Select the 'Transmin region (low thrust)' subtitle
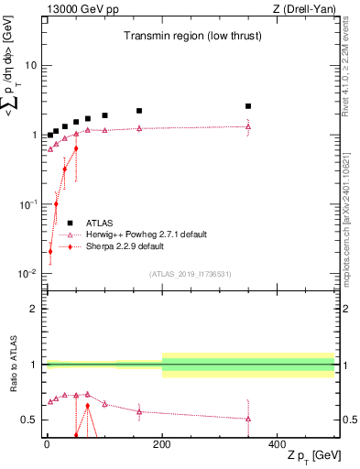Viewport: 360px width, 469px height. click(x=190, y=37)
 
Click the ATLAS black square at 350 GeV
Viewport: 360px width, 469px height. click(x=248, y=106)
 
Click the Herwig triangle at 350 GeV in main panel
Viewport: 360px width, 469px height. click(x=248, y=126)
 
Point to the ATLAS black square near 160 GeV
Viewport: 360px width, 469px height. click(x=139, y=111)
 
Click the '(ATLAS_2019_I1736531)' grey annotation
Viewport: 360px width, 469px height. click(x=190, y=273)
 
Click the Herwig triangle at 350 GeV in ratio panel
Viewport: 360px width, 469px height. click(x=248, y=419)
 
